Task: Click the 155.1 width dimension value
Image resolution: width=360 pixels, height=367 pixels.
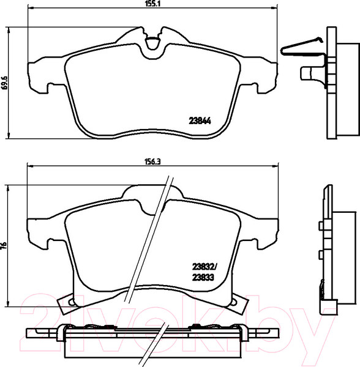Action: pos(152,4)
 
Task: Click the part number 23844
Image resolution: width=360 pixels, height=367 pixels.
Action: pos(200,120)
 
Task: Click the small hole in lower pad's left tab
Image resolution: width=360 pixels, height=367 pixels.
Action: pos(70,302)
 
